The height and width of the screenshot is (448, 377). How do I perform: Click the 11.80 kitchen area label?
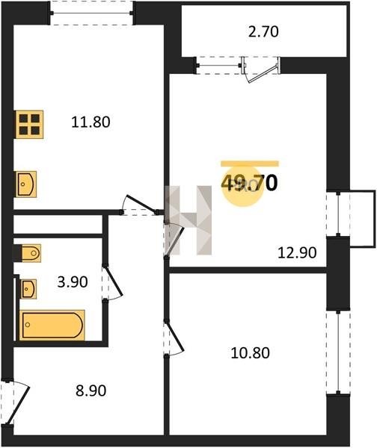[x=91, y=122]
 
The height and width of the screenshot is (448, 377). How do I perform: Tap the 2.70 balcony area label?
[x=263, y=31]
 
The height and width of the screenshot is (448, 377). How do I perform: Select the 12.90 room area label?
[x=297, y=252]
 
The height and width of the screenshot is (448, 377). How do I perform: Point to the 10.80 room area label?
[x=250, y=352]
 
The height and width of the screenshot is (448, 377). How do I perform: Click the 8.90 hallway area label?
[x=91, y=391]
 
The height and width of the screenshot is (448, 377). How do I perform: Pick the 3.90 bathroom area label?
[x=73, y=282]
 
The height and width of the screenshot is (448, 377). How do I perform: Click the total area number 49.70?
[x=249, y=183]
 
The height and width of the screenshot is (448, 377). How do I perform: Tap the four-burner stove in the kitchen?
[x=29, y=124]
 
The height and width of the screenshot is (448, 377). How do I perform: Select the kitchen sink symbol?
[x=25, y=184]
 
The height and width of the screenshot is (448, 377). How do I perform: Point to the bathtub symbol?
[x=52, y=325]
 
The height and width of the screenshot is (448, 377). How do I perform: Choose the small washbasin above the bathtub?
[x=28, y=289]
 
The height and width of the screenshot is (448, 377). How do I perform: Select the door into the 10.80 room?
[x=174, y=338]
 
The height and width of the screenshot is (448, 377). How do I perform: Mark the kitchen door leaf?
[x=141, y=203]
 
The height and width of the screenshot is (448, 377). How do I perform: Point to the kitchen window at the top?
[x=91, y=13]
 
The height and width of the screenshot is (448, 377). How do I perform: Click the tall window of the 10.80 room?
[x=338, y=352]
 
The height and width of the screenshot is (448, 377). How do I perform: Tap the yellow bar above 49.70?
[x=250, y=164]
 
